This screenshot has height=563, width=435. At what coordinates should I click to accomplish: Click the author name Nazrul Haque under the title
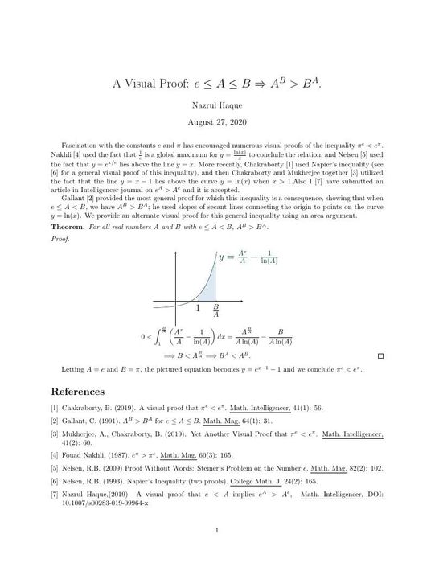click(217, 105)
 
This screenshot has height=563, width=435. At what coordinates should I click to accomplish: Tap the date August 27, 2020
click(217, 122)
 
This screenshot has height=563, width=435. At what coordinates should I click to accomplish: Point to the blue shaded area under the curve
click(207, 290)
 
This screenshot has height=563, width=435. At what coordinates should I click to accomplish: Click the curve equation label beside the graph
click(252, 259)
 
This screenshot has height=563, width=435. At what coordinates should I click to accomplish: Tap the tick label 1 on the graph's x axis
click(198, 308)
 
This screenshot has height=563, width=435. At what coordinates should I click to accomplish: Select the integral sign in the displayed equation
click(158, 336)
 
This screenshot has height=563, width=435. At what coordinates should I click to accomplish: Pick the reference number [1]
click(54, 408)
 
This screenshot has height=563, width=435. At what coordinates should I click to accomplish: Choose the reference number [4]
click(54, 455)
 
